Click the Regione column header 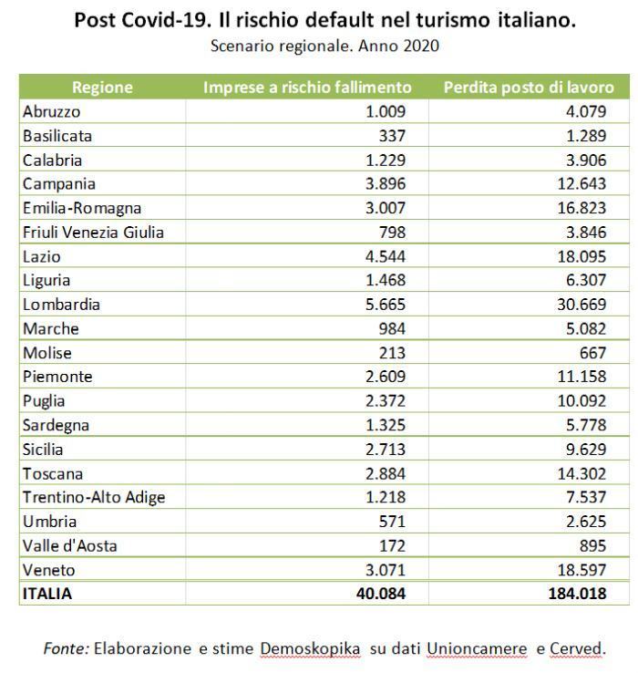(102, 88)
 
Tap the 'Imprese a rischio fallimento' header (307, 88)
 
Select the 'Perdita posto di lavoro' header (529, 88)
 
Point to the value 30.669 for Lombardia (581, 305)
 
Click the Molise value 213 (391, 353)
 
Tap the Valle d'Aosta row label (70, 545)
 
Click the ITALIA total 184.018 (575, 594)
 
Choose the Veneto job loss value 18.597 (581, 570)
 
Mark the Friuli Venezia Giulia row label (93, 233)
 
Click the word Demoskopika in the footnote (310, 648)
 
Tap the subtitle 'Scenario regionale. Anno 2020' (324, 46)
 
